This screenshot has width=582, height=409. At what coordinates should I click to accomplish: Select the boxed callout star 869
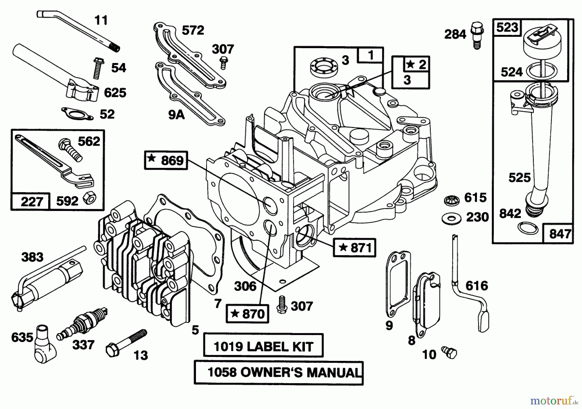pos(166,160)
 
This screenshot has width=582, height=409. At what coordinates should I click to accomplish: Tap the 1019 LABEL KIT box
pos(263,346)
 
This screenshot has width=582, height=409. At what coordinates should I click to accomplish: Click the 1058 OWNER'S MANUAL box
pos(279,373)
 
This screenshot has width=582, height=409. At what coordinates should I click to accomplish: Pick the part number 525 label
pos(519,177)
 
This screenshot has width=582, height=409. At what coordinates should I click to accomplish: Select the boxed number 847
pos(560,233)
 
